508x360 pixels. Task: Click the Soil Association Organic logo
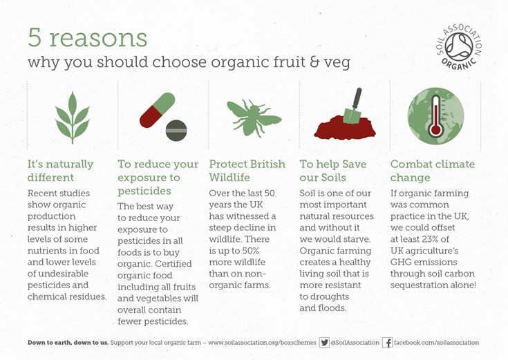coord(459,47)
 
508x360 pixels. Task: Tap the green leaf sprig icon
coord(73,117)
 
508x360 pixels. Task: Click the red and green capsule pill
coord(158,110)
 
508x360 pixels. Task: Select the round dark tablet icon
coord(176,131)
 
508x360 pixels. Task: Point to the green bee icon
coord(254,118)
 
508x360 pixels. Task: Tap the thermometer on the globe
coord(435,116)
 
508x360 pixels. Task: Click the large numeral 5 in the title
coord(35,37)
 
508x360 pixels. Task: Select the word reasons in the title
coord(98,39)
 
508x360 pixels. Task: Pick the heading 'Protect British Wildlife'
coord(247,171)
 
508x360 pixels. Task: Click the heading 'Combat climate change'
coord(433,171)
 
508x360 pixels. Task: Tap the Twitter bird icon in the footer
coord(324,342)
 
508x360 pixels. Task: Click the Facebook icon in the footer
coord(388,343)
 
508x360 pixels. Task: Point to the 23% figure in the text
coord(431,239)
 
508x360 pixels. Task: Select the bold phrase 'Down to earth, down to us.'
coord(68,343)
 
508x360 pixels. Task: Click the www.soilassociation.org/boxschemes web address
coord(262,343)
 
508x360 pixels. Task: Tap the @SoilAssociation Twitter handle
coord(355,343)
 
